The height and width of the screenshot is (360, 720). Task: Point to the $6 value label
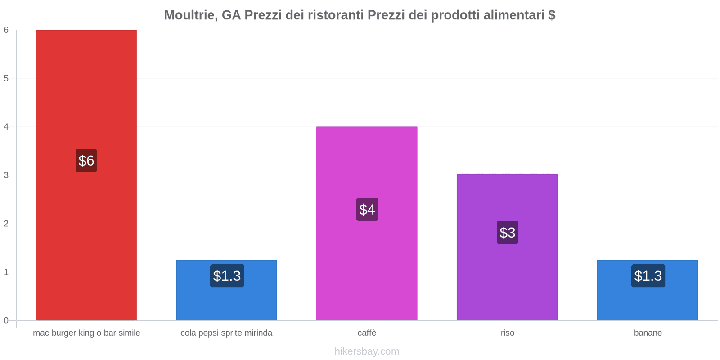click(86, 161)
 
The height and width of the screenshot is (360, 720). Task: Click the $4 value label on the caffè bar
click(367, 210)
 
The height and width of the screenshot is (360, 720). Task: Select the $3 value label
click(507, 233)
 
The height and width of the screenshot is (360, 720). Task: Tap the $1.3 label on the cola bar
click(227, 276)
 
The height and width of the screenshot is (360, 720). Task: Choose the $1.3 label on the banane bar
click(648, 276)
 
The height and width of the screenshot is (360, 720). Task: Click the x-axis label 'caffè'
click(367, 333)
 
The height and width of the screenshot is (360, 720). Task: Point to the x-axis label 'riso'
click(507, 333)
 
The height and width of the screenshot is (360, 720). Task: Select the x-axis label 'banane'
click(648, 333)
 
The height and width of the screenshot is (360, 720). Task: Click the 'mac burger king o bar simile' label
click(86, 333)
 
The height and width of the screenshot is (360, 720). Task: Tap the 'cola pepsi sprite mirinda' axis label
click(226, 333)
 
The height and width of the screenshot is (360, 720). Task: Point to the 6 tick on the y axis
click(6, 30)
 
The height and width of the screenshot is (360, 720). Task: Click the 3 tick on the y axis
click(6, 175)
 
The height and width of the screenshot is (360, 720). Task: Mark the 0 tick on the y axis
click(6, 320)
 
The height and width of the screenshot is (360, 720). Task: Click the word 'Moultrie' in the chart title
click(189, 15)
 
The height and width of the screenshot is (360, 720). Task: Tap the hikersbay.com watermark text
click(367, 351)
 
